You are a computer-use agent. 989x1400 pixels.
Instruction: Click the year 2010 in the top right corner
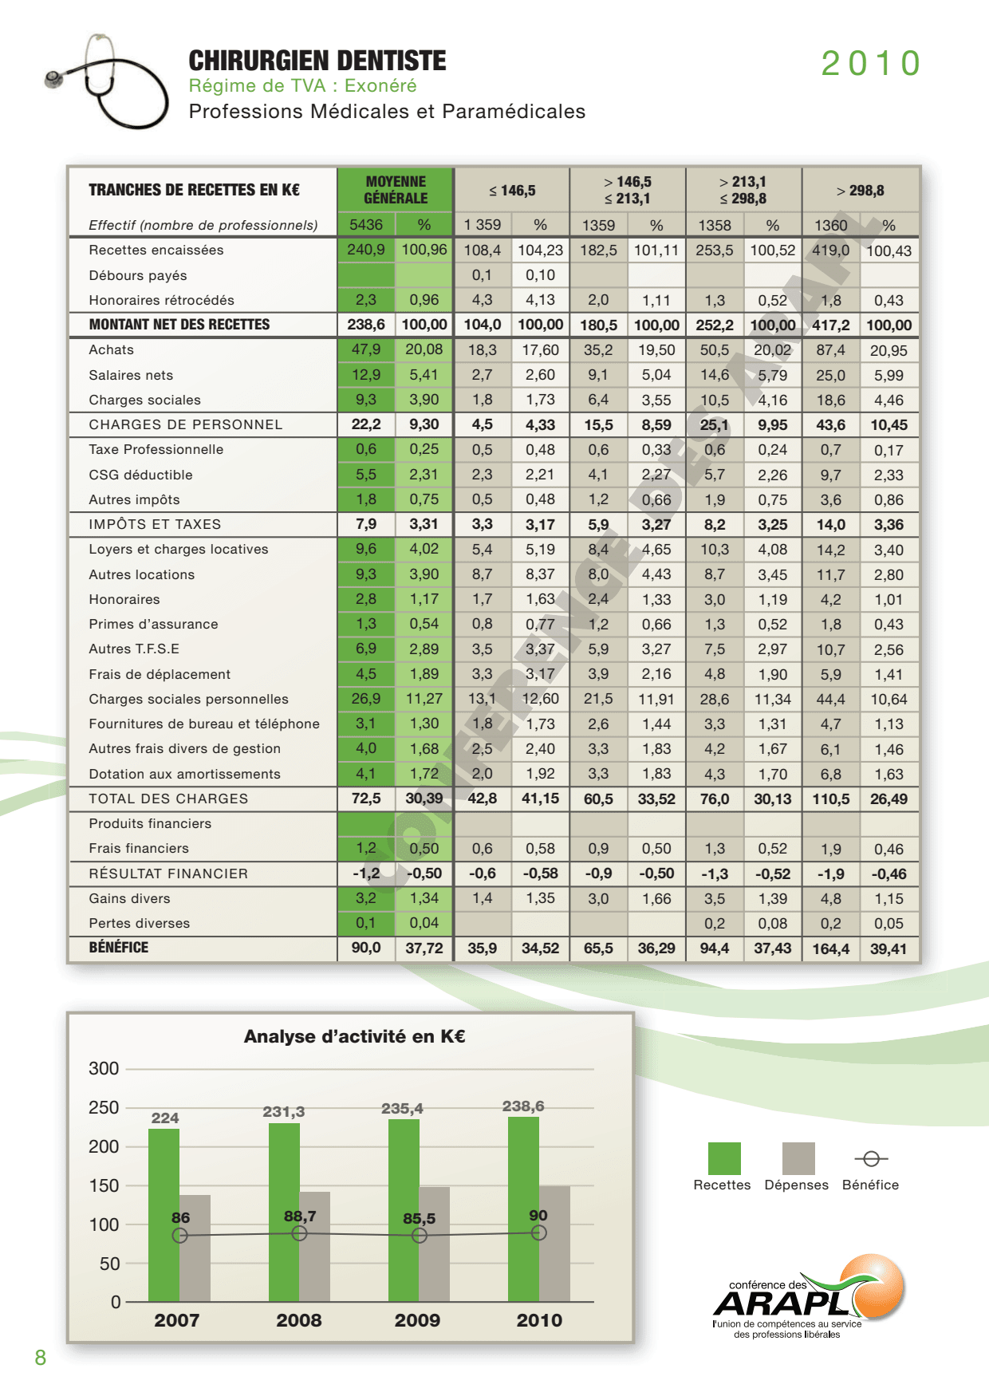871,64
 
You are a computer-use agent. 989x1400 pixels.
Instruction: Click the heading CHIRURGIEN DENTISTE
317,61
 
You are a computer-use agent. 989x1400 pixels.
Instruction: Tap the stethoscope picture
107,81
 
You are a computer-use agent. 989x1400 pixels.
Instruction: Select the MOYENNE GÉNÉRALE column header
396,190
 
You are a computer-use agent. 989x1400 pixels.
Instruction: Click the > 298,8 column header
860,191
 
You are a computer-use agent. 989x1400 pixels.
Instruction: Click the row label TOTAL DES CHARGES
168,799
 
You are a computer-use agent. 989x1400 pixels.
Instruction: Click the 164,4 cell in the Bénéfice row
831,948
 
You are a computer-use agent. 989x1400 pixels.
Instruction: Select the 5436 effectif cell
366,225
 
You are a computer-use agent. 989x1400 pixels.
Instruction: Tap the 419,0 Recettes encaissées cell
831,250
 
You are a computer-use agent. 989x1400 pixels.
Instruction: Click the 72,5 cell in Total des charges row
366,799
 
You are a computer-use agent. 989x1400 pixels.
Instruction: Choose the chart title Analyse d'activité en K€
354,1036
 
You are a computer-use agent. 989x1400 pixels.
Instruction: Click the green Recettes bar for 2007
164,1215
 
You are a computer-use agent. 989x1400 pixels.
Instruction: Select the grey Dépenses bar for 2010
554,1244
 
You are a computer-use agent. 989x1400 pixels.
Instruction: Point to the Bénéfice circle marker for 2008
299,1233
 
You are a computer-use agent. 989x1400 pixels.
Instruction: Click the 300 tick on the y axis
104,1068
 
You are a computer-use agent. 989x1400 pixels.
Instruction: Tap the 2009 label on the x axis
417,1320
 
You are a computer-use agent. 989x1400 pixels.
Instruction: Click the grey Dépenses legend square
798,1158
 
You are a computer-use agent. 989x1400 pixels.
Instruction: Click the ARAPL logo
809,1296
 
